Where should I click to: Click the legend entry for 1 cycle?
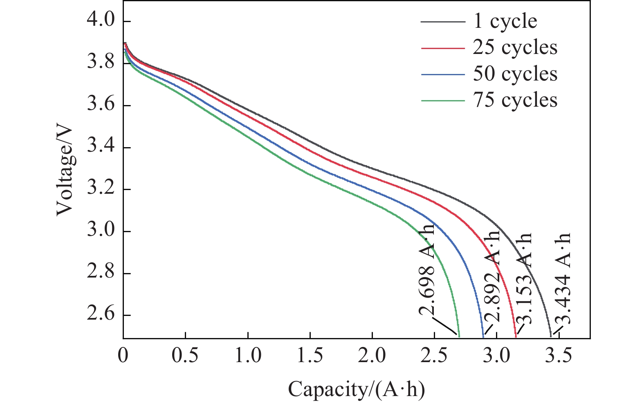point(505,22)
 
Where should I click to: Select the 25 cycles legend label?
point(515,48)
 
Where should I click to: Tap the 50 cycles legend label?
point(515,74)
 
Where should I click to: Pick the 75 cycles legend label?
point(515,100)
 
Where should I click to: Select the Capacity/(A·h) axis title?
point(356,389)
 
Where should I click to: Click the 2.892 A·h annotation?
point(492,276)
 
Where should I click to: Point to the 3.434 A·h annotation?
point(563,278)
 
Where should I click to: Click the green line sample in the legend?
point(443,101)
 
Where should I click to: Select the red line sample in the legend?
point(443,48)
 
